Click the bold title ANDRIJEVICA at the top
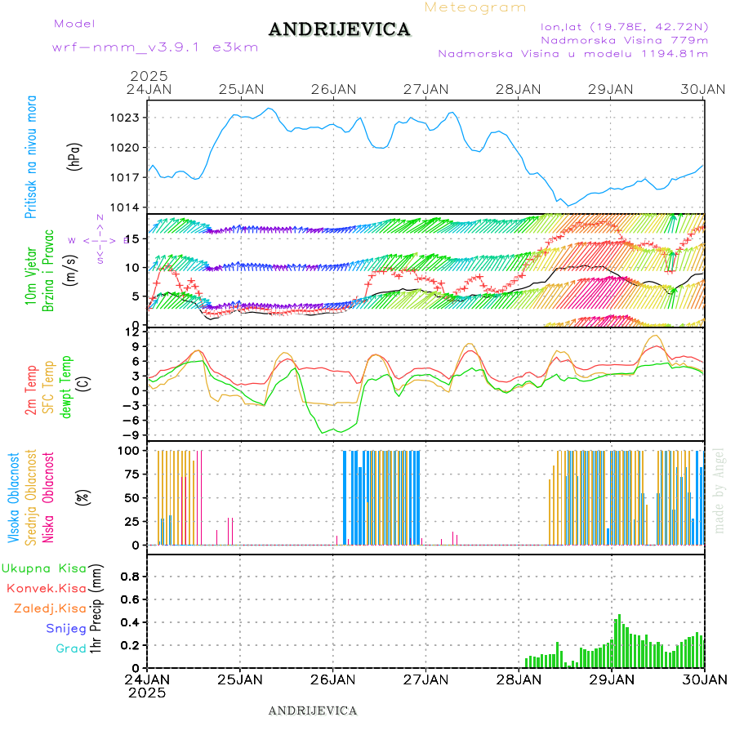coord(339,29)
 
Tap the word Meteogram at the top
coord(476,7)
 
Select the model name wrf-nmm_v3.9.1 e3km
coord(155,47)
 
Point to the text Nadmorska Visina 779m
coord(624,39)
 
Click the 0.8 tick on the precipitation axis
coord(129,577)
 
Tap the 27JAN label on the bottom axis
coord(425,679)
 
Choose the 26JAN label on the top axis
coord(332,89)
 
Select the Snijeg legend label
coord(66,628)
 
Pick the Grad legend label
coord(71,648)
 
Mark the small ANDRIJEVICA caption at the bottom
coord(313,710)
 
